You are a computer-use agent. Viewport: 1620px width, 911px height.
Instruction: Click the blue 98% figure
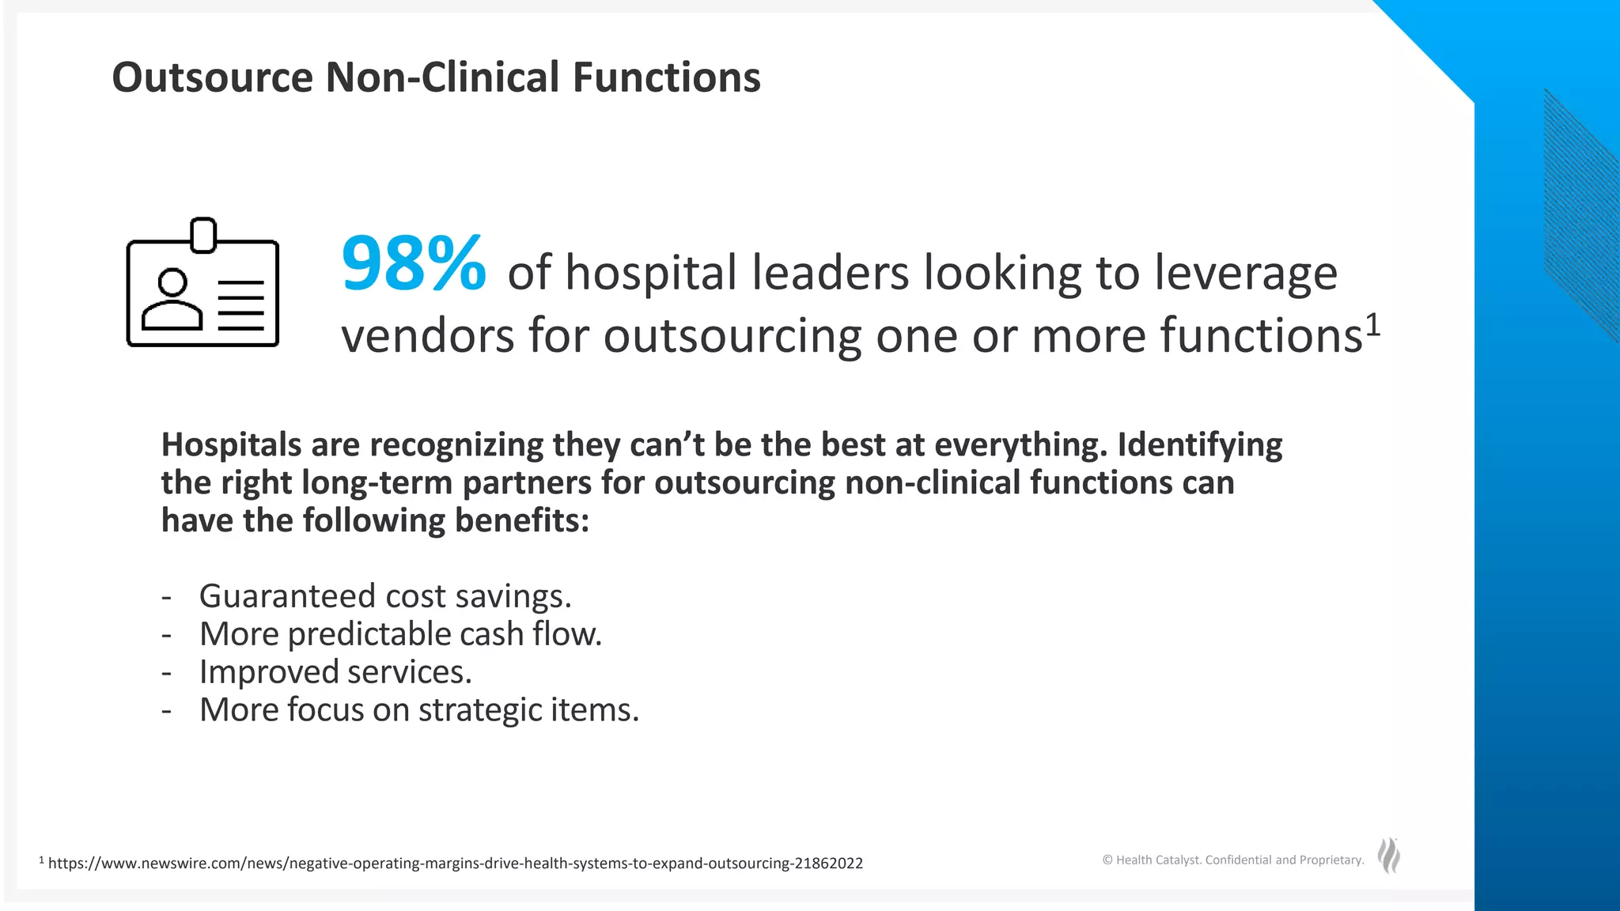413,264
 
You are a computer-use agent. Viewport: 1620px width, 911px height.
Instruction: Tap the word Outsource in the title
213,77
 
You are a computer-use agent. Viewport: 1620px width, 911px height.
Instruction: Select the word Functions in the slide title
666,77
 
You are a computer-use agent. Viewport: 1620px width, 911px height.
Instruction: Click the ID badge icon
202,285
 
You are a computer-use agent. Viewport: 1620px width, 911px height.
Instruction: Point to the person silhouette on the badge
172,301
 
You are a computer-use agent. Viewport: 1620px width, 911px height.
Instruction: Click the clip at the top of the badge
203,234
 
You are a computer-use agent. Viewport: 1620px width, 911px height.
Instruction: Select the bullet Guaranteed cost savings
384,595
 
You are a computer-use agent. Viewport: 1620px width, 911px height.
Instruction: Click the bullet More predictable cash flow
400,633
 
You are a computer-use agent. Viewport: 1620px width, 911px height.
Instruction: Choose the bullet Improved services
335,671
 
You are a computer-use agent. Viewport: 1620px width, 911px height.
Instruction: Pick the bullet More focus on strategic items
418,709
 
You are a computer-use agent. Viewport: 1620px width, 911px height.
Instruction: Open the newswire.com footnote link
455,863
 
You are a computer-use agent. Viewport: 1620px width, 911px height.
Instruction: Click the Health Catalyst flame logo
1389,856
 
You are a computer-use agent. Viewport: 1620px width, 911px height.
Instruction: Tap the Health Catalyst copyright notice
1233,860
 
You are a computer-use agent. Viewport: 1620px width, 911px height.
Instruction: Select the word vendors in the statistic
428,335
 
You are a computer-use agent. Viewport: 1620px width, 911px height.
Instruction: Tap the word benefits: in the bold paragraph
522,521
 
